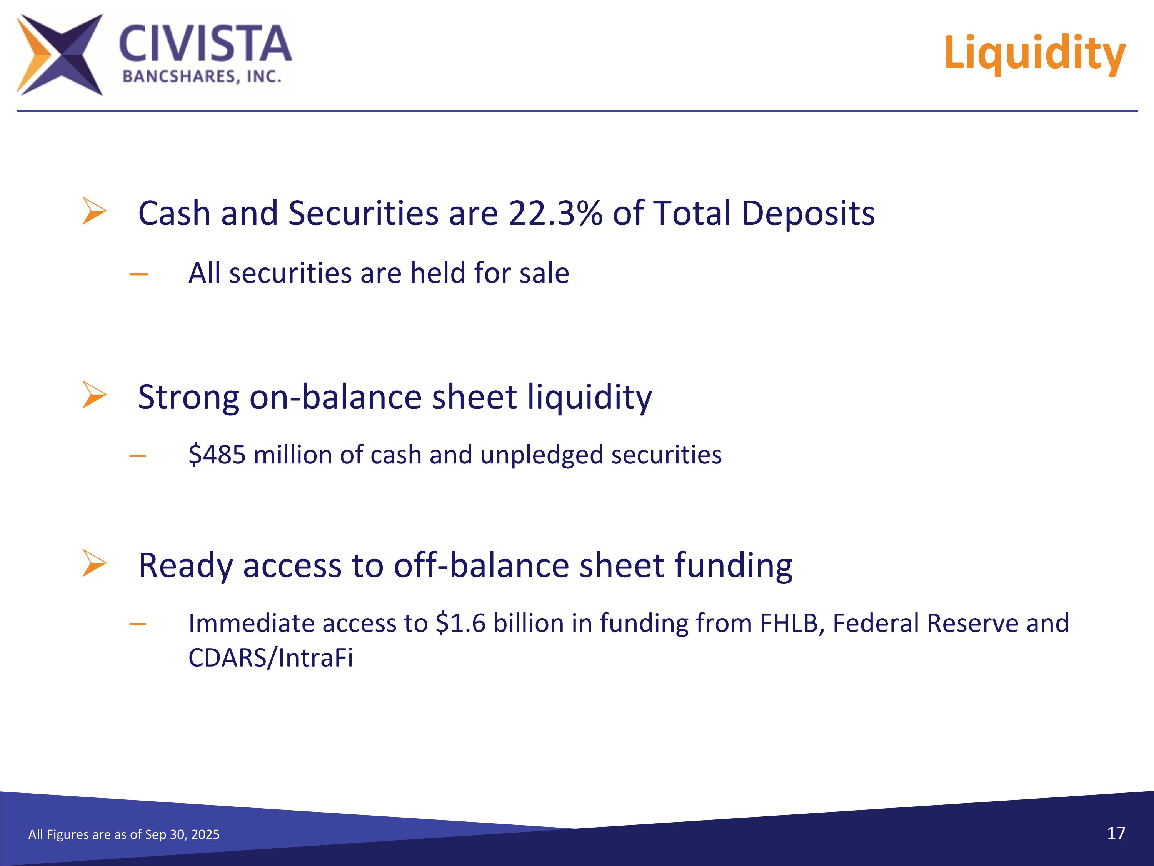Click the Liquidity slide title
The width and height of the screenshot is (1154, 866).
pos(1034,53)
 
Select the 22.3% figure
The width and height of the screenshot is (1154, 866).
pos(555,214)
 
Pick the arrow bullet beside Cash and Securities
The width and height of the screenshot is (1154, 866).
pos(94,211)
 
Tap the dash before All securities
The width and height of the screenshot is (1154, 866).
pos(138,274)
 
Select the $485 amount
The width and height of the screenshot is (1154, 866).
pos(217,455)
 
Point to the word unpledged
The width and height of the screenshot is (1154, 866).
pos(542,456)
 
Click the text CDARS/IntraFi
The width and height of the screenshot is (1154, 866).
pos(271,658)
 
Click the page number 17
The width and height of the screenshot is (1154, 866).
pos(1116,833)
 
